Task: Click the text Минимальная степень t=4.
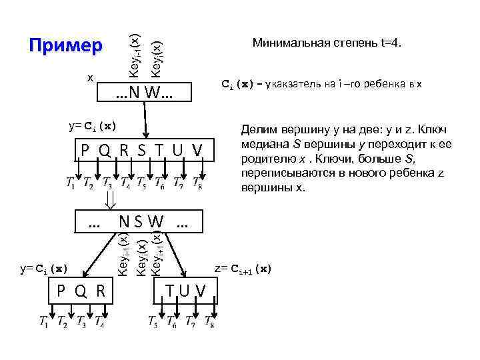(327, 43)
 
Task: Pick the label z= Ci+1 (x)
(243, 269)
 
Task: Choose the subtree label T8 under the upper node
(197, 183)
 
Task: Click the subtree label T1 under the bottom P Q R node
(45, 323)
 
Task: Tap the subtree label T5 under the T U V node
(155, 323)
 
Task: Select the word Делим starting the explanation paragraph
(257, 131)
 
